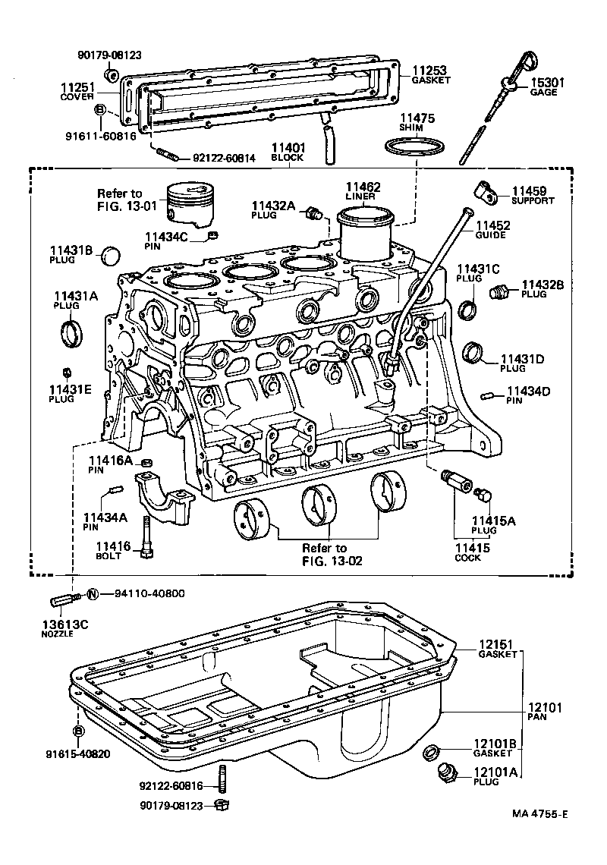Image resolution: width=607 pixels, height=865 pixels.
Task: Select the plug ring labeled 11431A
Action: tap(72, 332)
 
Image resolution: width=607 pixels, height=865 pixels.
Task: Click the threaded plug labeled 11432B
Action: tap(499, 291)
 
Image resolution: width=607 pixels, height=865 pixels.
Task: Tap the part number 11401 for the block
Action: tap(288, 149)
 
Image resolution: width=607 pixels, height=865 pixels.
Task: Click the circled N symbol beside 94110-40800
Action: tap(93, 594)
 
